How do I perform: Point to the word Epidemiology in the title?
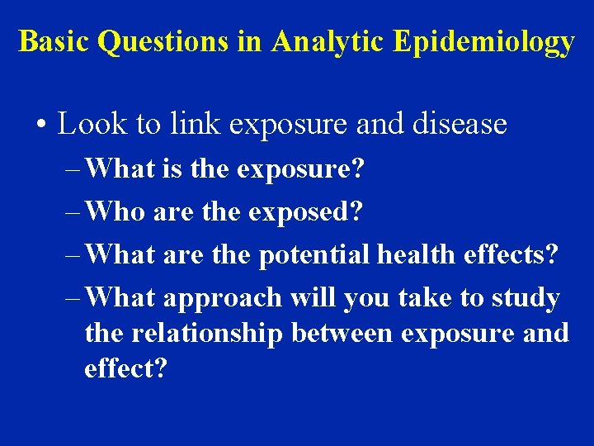[x=483, y=41]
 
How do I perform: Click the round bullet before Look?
[x=40, y=126]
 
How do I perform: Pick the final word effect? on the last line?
[x=125, y=368]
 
